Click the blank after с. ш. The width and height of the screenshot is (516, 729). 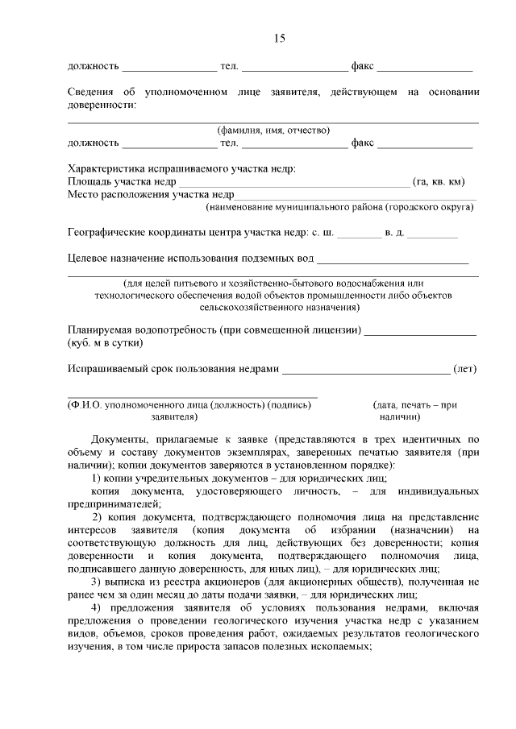point(359,236)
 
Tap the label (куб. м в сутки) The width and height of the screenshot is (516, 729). point(106,343)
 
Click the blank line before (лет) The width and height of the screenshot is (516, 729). point(366,371)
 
